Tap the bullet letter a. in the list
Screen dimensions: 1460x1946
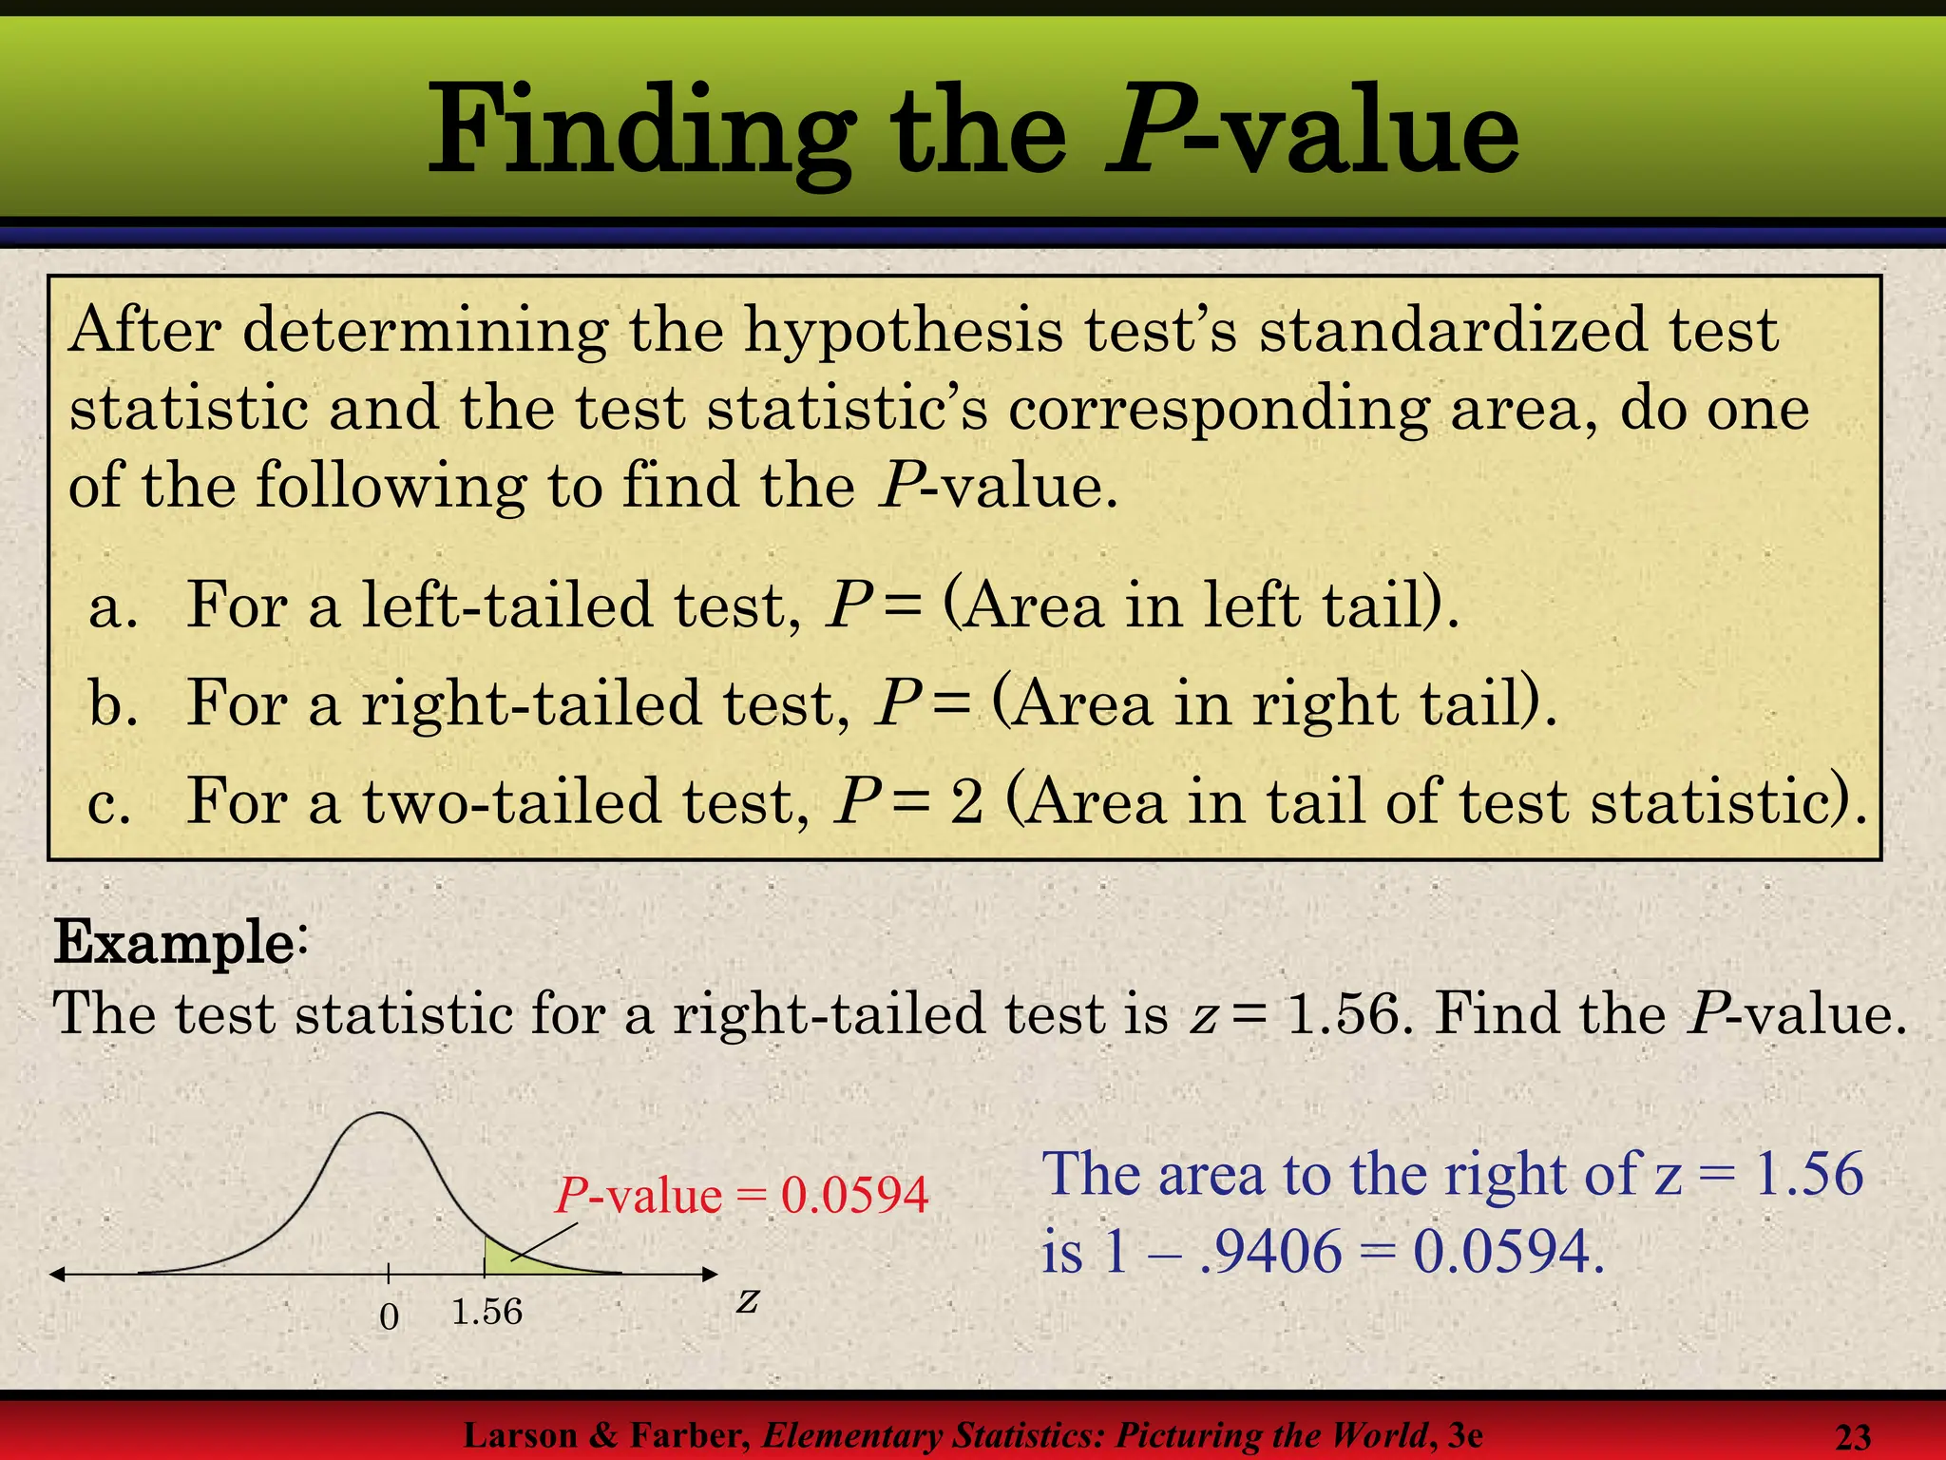(112, 606)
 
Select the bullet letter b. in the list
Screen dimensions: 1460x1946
(112, 704)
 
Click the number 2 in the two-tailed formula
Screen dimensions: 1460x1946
(966, 802)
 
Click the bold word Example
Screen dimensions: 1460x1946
(173, 943)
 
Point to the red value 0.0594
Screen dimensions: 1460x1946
(854, 1196)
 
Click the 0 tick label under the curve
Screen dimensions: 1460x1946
(389, 1316)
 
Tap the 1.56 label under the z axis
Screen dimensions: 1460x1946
(486, 1313)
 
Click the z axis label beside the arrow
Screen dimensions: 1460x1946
(748, 1300)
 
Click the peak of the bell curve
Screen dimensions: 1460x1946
(380, 1114)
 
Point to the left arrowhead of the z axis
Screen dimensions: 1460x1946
(57, 1275)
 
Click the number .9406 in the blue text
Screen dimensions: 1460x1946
(1271, 1252)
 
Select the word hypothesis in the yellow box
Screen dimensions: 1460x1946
(903, 331)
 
